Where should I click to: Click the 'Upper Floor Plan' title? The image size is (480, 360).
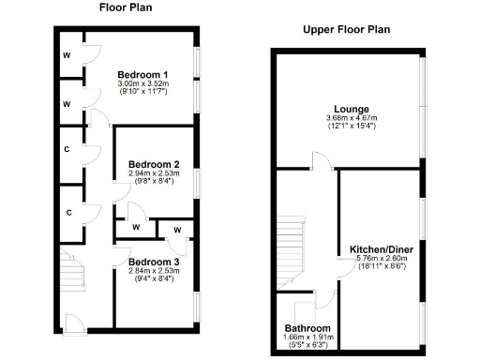[346, 29]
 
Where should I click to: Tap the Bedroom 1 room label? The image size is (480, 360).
[142, 74]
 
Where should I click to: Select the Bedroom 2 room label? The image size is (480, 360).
[154, 163]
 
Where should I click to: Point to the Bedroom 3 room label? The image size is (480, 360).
[154, 261]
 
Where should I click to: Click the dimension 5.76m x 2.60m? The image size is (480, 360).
[379, 260]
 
